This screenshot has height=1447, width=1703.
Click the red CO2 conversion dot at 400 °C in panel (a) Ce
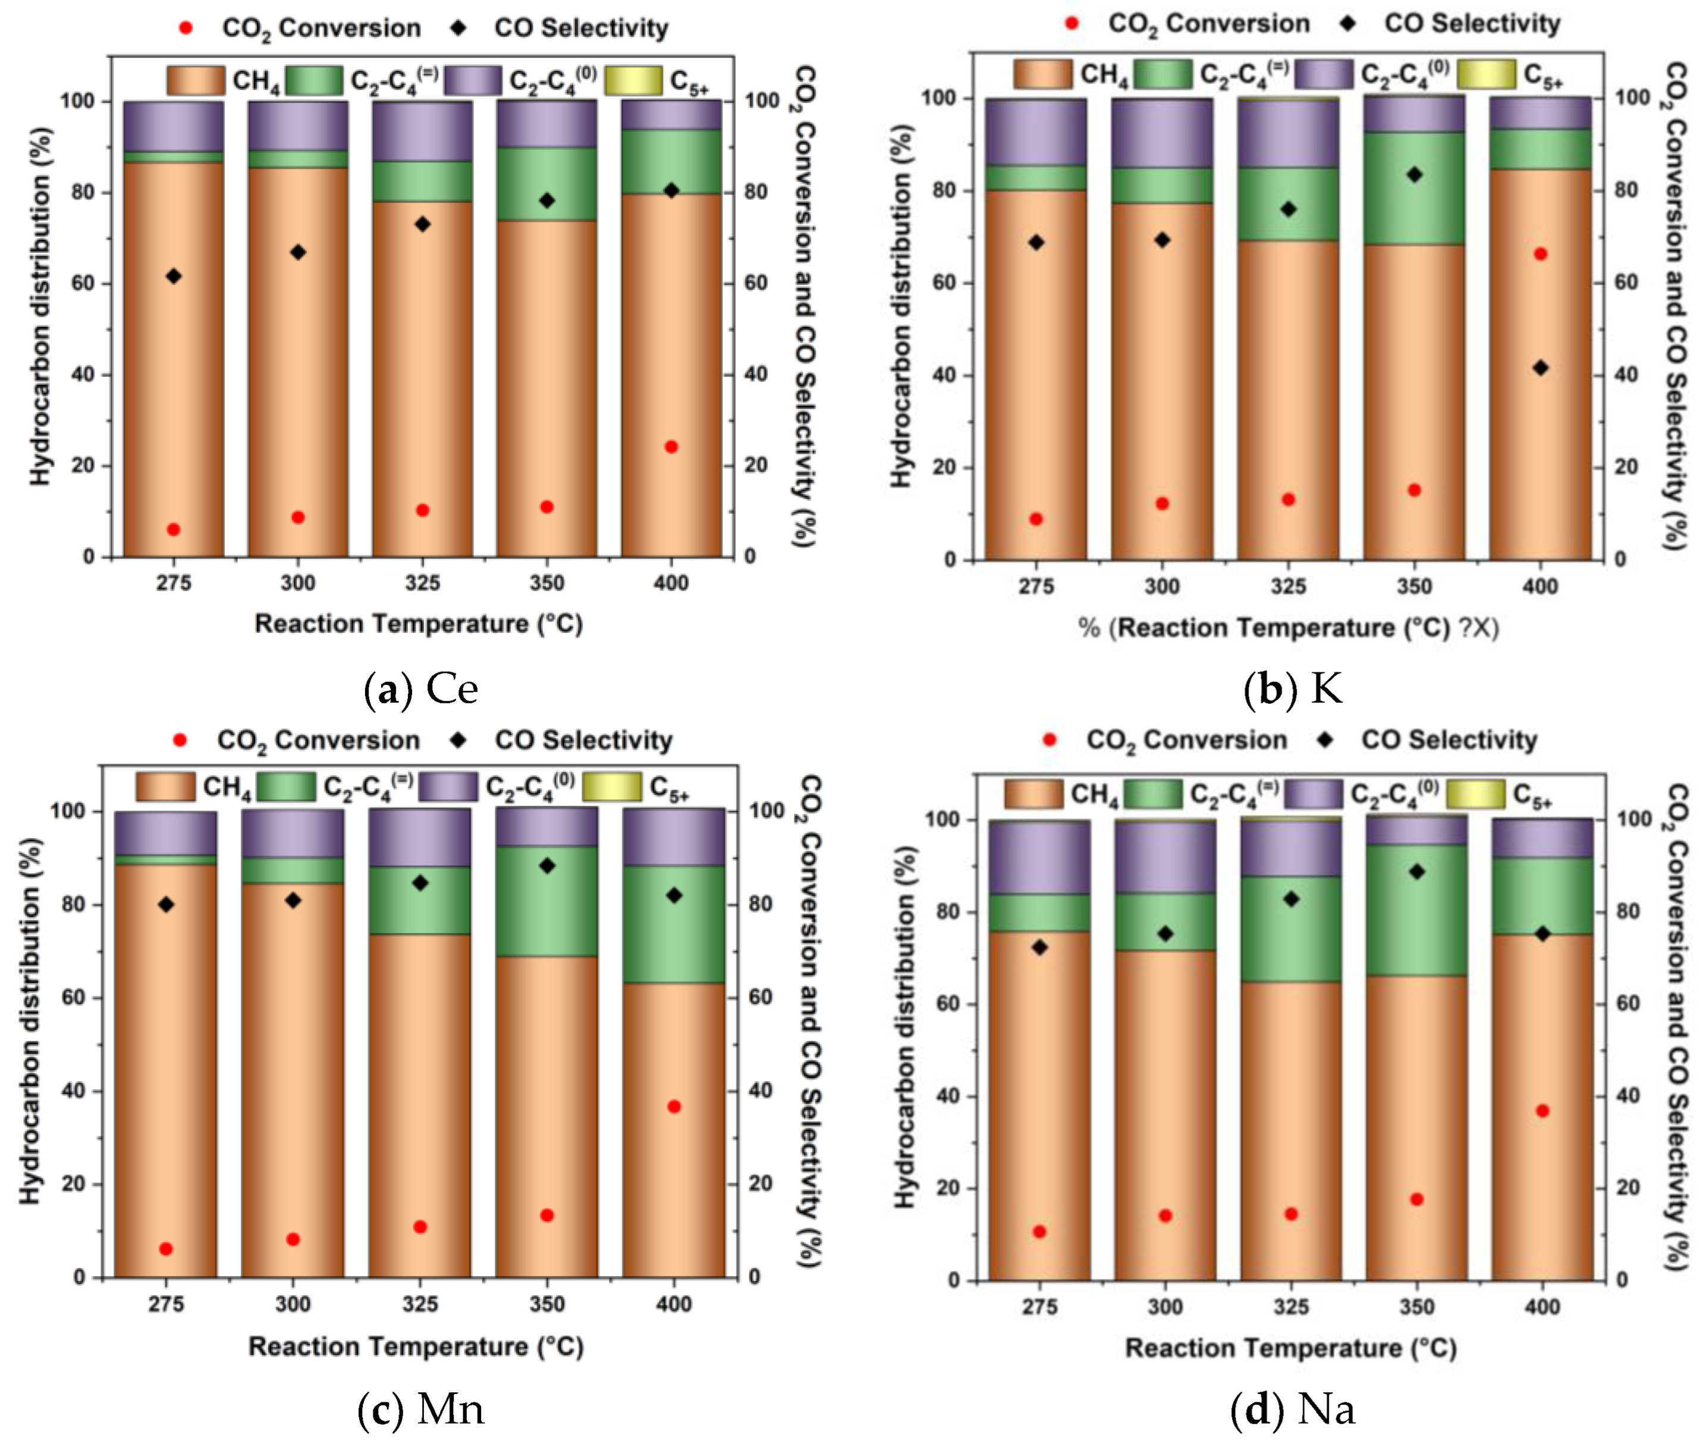tap(671, 447)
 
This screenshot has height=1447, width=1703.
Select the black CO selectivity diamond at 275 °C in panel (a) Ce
tap(173, 277)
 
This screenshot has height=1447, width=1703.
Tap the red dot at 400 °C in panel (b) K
tap(1540, 254)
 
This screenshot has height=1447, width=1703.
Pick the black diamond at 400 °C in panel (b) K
tap(1540, 368)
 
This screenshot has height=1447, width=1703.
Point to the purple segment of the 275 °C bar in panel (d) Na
tap(1039, 857)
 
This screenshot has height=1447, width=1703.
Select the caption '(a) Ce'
tap(420, 689)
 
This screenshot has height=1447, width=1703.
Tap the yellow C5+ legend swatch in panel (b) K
tap(1487, 74)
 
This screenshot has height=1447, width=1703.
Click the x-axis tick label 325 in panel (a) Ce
tap(422, 583)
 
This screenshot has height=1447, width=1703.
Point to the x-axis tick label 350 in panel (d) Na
tap(1416, 1306)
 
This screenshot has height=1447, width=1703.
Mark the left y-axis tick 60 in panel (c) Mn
tap(74, 997)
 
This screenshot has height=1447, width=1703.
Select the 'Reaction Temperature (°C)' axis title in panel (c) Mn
tap(416, 1346)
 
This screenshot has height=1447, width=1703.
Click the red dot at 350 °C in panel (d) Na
tap(1416, 1199)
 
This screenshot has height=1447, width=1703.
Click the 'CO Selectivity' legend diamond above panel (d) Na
tap(1324, 740)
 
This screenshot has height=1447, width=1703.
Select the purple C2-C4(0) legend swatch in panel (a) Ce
tap(472, 80)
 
